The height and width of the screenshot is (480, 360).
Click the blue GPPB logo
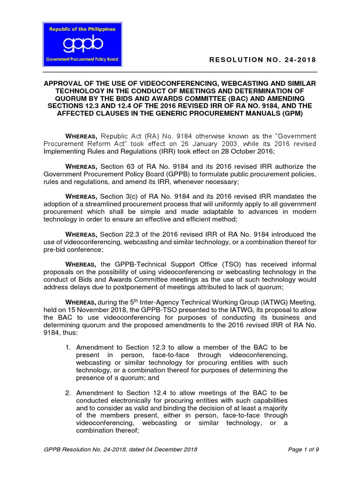pos(82,44)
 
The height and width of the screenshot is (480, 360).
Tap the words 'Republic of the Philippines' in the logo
pos(82,29)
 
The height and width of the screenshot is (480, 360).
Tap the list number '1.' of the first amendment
pos(68,347)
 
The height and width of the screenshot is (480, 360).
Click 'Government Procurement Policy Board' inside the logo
pos(82,60)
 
